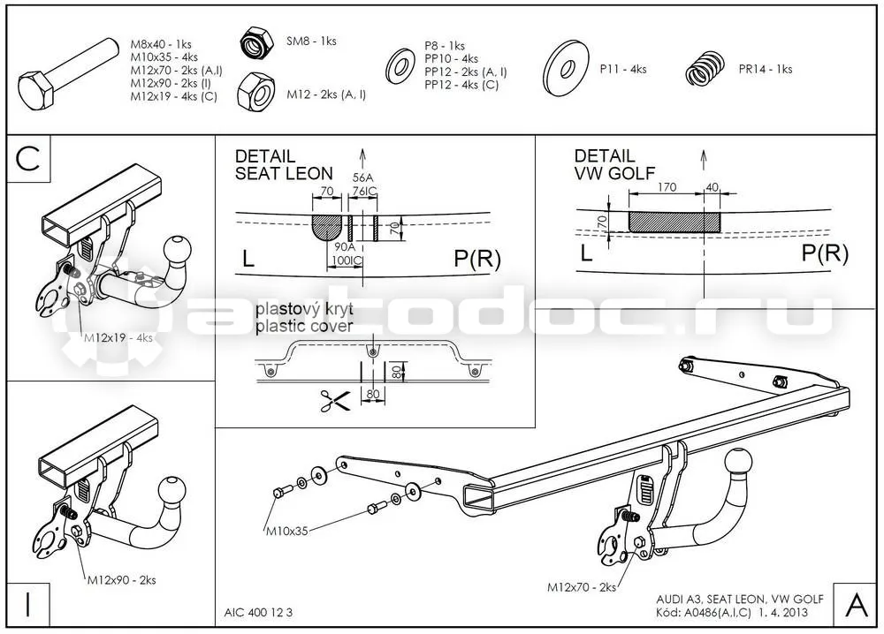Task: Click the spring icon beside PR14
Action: (x=705, y=69)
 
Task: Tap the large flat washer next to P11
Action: (x=566, y=68)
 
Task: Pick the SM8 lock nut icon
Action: (x=256, y=43)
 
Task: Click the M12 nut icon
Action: (x=255, y=92)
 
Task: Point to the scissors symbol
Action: (x=335, y=400)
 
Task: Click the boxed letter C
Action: (x=28, y=158)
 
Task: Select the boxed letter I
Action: (x=27, y=604)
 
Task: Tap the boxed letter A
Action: (x=856, y=605)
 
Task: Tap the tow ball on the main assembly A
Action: (x=738, y=463)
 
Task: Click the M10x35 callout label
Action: (x=287, y=531)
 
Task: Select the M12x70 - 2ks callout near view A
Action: (x=582, y=587)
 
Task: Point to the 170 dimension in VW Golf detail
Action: (x=667, y=187)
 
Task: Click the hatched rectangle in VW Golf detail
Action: (x=674, y=222)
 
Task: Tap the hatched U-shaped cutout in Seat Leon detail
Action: (x=327, y=227)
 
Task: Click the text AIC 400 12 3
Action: (x=258, y=613)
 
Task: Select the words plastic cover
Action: (x=304, y=326)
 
